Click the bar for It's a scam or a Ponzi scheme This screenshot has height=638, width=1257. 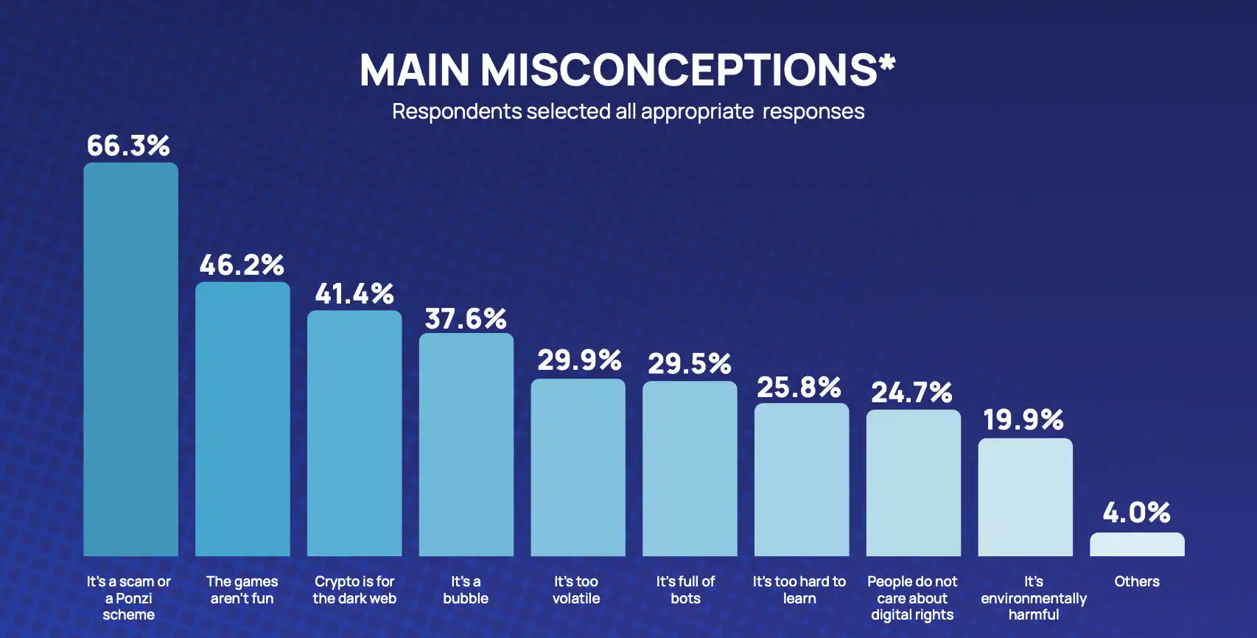point(130,360)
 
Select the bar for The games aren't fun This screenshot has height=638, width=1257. point(242,419)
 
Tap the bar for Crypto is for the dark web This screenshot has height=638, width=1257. point(354,433)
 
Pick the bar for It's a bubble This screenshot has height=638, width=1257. point(466,444)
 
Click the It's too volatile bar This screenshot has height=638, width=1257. point(578,467)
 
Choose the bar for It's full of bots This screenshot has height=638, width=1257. point(690,469)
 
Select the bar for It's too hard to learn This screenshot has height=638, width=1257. point(802,480)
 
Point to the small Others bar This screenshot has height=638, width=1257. point(1137,544)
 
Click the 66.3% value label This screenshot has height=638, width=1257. point(128,145)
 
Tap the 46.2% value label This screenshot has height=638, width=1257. point(242,264)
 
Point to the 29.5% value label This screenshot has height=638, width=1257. point(690,363)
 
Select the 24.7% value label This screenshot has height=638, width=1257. point(912,392)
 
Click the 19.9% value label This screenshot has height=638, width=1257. point(1023,419)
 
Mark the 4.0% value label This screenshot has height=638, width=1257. point(1137,512)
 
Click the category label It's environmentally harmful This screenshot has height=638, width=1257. point(1033,598)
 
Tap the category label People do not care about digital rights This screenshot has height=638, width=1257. point(912,598)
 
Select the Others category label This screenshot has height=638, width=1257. point(1137,581)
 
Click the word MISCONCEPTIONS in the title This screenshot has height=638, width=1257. point(678,70)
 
